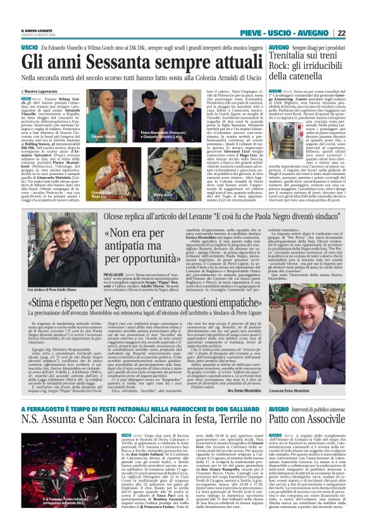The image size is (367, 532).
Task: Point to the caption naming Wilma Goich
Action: (x=164, y=196)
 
